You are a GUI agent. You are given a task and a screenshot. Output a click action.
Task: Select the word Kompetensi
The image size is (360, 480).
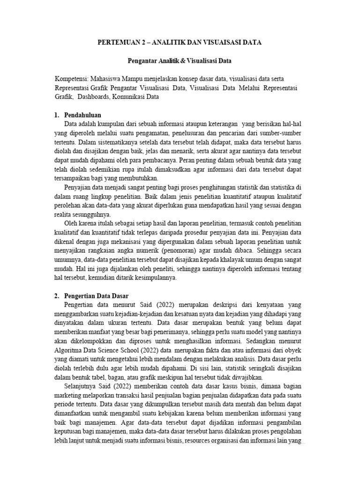70,78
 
